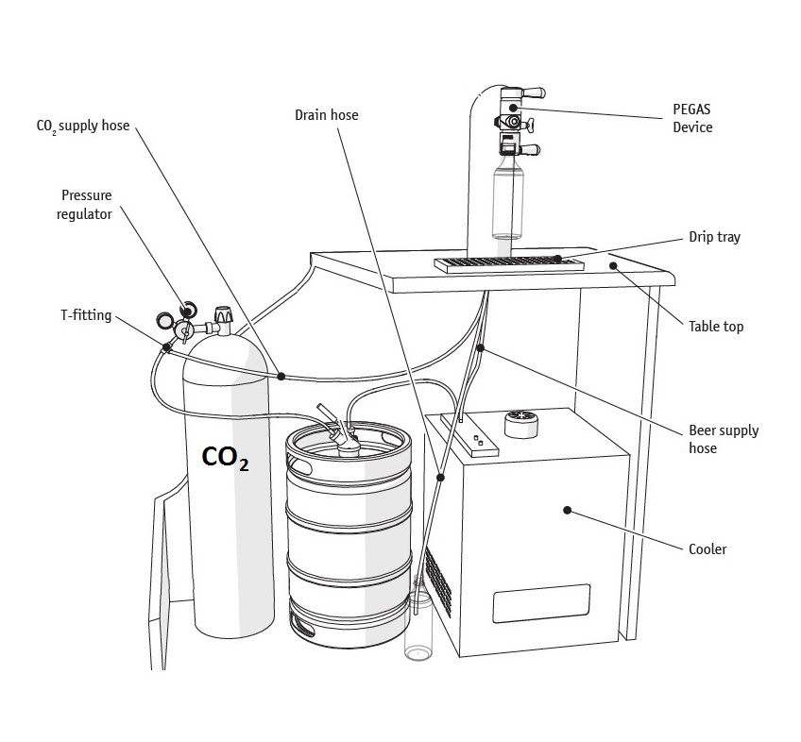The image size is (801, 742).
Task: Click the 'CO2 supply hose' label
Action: coord(83,126)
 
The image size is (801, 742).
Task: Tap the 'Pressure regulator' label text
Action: coord(87,205)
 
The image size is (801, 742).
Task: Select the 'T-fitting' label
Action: coord(85,315)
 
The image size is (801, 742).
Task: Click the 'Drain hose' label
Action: coord(326,115)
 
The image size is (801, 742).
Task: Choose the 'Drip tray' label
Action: coord(715,237)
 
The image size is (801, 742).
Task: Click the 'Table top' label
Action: coord(716,327)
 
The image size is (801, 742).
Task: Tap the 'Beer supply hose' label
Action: coord(724,439)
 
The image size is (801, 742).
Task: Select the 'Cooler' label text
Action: coord(707,548)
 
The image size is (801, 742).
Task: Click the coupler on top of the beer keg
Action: coord(342,433)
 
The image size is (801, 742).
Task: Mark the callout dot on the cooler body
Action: coord(567,510)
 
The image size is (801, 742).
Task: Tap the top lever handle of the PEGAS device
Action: coord(529,93)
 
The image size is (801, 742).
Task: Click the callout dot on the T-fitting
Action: coord(167,347)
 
